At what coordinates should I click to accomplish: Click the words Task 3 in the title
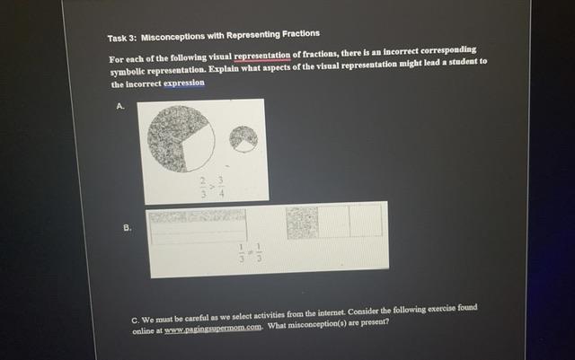[x=121, y=38]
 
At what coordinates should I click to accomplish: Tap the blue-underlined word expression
[x=184, y=83]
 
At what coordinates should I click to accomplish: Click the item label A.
[x=121, y=106]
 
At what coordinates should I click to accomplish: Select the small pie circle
[x=243, y=137]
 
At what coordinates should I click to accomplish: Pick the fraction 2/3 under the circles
[x=204, y=186]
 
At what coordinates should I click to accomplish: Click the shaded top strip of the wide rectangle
[x=197, y=215]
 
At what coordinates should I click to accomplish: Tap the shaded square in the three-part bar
[x=303, y=222]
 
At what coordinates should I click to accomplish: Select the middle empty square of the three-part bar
[x=334, y=222]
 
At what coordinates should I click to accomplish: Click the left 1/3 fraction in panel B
[x=241, y=254]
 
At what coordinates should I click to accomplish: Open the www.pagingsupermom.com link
[x=212, y=329]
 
